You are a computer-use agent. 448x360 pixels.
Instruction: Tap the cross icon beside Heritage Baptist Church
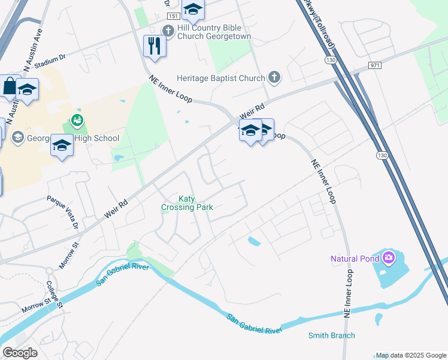click(274, 77)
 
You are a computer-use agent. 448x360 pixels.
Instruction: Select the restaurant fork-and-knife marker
click(155, 46)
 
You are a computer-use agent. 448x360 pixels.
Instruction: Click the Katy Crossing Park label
click(186, 203)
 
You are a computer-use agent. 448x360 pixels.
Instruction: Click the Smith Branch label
click(331, 335)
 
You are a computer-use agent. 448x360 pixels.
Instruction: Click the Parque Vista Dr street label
click(63, 212)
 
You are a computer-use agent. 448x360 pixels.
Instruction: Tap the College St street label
click(55, 295)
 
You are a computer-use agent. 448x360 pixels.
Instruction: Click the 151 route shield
click(173, 17)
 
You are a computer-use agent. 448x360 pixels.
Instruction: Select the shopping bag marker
click(10, 86)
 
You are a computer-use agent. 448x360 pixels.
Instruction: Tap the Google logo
click(20, 352)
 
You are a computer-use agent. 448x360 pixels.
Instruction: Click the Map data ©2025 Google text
click(411, 355)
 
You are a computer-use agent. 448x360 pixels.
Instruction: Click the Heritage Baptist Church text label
click(220, 78)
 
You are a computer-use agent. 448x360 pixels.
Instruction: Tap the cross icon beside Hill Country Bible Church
click(168, 31)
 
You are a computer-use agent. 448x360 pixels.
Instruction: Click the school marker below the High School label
click(62, 145)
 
